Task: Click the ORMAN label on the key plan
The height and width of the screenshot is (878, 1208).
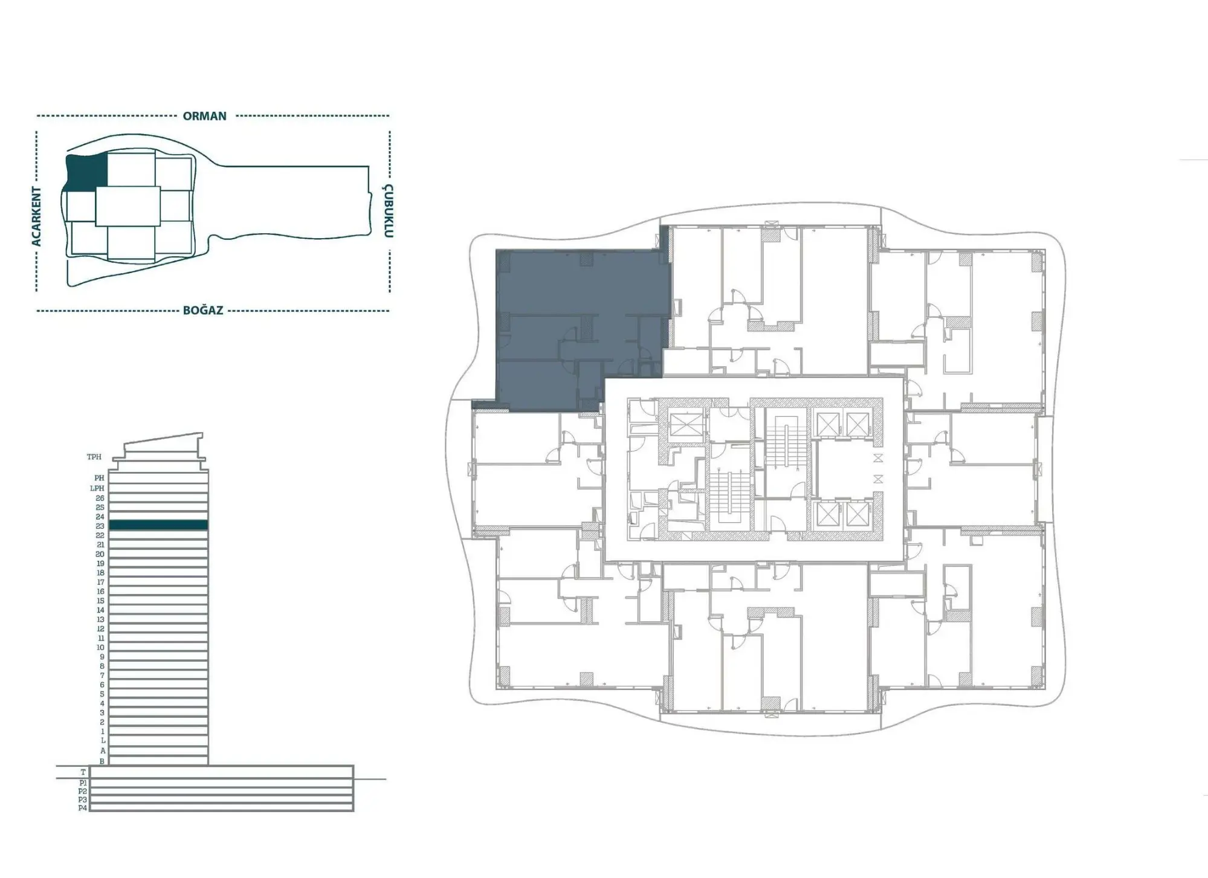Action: (x=204, y=116)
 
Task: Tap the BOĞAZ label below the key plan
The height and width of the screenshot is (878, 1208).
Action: (x=203, y=311)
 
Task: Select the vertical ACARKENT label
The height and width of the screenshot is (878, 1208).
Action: (x=37, y=216)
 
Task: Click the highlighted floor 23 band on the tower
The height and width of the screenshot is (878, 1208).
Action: (x=158, y=525)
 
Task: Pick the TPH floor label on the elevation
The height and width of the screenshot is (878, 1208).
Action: (x=94, y=457)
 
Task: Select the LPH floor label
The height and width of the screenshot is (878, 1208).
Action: (x=97, y=488)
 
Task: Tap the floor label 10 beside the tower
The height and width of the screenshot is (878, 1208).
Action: (x=100, y=647)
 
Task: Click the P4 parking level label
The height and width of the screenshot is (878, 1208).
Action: (x=83, y=808)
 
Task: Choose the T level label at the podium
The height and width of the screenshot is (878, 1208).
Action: (x=83, y=772)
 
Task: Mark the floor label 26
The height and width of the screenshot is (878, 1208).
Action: (x=100, y=498)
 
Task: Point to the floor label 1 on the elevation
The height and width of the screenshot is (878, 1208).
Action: (x=103, y=731)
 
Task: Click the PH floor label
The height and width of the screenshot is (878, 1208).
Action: (x=99, y=478)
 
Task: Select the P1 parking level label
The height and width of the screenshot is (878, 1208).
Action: (x=83, y=783)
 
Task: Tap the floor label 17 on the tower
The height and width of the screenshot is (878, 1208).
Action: (x=100, y=582)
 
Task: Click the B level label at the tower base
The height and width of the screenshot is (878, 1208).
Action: (x=102, y=761)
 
